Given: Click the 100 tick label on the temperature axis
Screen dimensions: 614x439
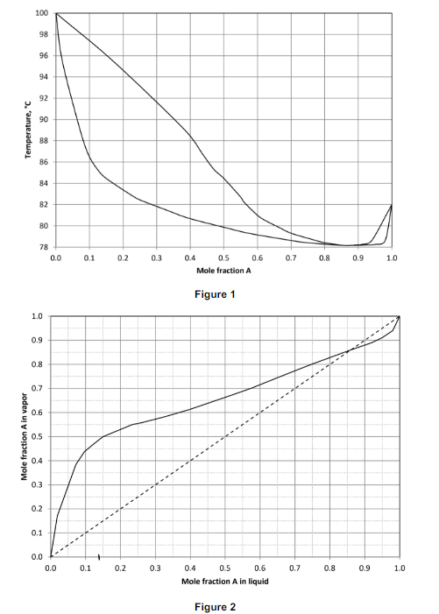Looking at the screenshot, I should point(42,13).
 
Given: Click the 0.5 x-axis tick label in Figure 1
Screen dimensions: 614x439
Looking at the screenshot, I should point(223,259).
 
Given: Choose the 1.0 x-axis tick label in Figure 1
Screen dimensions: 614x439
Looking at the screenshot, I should point(391,259).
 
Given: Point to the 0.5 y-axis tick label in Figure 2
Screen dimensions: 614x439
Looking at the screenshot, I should point(37,436).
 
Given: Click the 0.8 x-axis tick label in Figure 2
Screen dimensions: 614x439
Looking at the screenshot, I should point(330,568).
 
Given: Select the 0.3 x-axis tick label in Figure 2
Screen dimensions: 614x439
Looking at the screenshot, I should point(155,568).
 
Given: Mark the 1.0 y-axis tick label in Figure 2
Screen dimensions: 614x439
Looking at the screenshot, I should point(37,316).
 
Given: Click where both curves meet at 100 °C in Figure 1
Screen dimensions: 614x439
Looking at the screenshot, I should point(56,13).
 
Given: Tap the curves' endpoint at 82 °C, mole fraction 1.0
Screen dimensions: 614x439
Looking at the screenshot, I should point(391,205).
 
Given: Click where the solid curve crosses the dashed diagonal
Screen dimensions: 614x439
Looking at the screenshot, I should point(350,350).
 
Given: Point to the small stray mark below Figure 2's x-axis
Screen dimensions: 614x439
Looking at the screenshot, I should point(99,556).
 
